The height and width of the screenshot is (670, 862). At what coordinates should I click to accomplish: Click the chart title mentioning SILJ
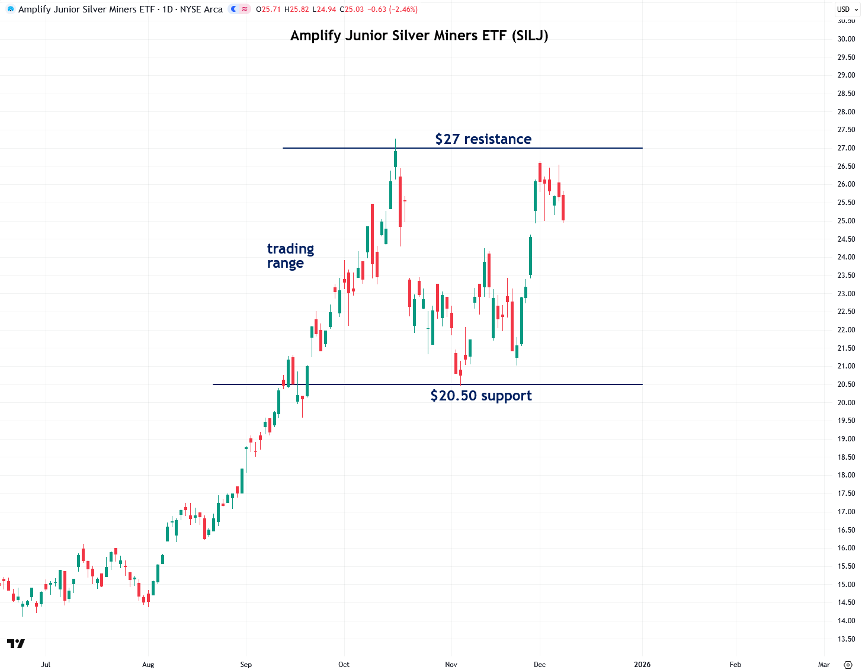pos(419,36)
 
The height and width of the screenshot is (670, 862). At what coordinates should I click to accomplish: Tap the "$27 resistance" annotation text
pos(483,139)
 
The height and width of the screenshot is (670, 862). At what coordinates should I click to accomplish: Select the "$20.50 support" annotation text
pos(480,396)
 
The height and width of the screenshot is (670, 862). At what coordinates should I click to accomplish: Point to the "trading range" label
pos(290,256)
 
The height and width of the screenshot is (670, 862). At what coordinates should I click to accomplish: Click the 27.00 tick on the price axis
pos(845,148)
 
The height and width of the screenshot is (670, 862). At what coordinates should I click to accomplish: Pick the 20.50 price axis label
pos(845,384)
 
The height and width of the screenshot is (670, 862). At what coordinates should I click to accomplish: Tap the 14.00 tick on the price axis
pos(845,621)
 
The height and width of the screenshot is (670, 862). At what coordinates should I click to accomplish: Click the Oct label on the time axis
pos(344,665)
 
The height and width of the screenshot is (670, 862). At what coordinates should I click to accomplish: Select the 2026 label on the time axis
pos(642,665)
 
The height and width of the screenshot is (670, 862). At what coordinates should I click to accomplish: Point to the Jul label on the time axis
pos(46,665)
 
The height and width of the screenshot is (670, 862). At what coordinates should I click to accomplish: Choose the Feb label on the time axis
pos(735,665)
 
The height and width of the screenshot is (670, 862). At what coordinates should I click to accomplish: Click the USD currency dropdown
pos(847,9)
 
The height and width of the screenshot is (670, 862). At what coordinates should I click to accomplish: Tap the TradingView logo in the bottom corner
pos(16,644)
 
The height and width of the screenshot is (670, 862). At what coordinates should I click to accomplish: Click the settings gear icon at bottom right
pos(848,665)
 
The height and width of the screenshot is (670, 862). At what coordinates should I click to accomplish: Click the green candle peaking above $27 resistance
pos(395,159)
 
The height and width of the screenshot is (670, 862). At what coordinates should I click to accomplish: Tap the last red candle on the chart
pos(563,207)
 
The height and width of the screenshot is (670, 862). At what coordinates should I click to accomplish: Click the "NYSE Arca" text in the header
pos(201,9)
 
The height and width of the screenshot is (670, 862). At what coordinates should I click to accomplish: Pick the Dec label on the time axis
pos(539,665)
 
